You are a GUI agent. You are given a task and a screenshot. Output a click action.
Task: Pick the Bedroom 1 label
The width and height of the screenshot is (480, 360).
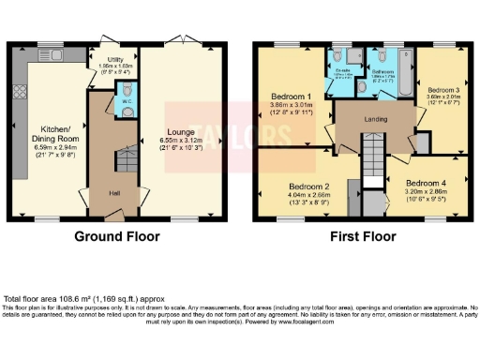[x=291, y=97]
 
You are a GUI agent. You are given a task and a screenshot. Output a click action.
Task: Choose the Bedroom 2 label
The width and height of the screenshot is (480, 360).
[x=310, y=185]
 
